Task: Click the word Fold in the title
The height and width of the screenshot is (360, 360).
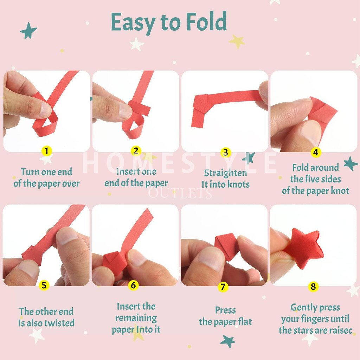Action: tap(206, 21)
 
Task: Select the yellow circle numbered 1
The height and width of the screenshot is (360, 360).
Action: tap(47, 151)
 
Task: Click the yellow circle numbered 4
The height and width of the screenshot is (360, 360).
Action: tap(316, 152)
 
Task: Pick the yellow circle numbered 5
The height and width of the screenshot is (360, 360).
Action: tap(44, 285)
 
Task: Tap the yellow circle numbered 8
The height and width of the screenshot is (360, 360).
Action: tap(313, 287)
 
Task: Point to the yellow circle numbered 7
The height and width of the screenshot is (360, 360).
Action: tap(223, 287)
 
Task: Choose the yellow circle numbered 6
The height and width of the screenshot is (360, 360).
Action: tap(133, 285)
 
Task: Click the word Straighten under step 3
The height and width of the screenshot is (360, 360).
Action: tap(225, 173)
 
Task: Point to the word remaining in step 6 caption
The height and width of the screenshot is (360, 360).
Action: tap(136, 318)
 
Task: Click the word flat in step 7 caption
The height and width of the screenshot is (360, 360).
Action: tap(245, 321)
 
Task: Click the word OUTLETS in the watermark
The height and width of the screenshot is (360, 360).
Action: tap(180, 193)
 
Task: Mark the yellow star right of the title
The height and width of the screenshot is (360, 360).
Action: tap(237, 41)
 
